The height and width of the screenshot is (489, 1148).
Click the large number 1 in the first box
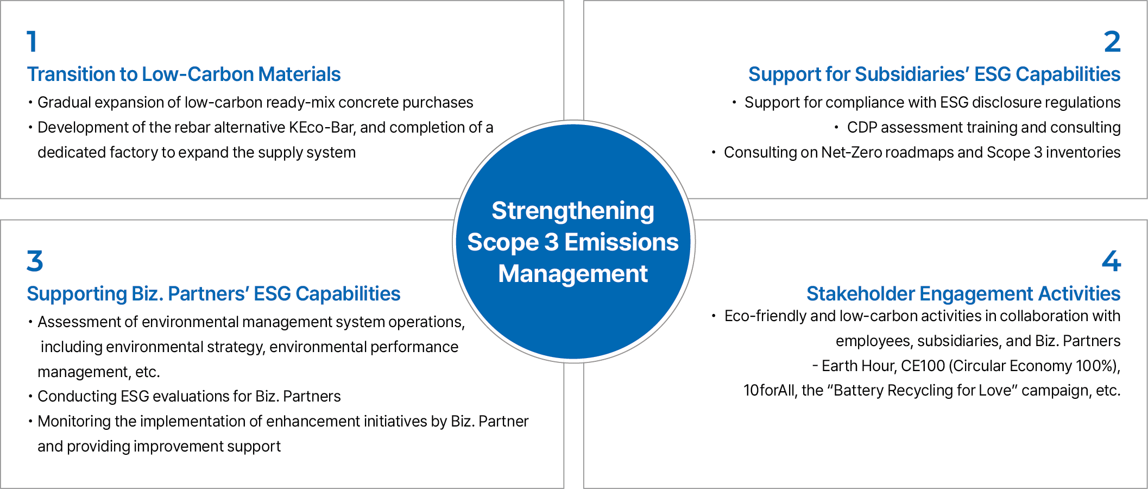tap(32, 42)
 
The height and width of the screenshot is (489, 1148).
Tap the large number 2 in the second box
tap(1112, 42)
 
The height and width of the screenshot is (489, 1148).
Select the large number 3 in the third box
tap(35, 261)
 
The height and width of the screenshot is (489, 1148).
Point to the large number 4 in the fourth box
tap(1112, 261)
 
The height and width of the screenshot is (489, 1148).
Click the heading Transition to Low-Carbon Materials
tap(184, 74)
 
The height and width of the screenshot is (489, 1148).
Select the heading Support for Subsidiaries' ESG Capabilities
tap(935, 74)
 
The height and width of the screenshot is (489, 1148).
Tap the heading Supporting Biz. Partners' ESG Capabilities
tap(214, 294)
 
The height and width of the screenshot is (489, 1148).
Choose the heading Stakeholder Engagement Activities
tap(963, 294)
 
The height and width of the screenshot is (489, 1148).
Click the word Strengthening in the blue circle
tap(573, 211)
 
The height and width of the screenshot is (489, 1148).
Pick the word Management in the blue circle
tap(573, 273)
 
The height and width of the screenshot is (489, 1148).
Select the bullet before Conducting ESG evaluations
tap(30, 397)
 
